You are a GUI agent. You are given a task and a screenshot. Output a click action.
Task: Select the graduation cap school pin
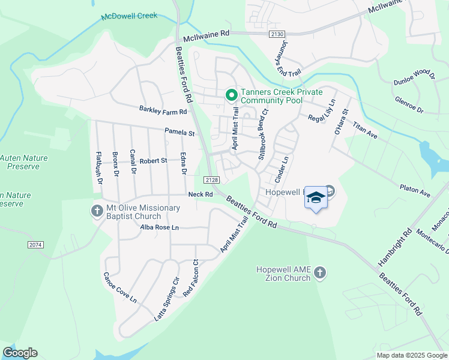(316, 198)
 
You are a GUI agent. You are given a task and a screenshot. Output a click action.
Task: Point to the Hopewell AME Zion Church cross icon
(320, 273)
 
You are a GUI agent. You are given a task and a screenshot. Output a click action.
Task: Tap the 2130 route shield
(276, 34)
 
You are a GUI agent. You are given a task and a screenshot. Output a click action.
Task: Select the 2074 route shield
(35, 245)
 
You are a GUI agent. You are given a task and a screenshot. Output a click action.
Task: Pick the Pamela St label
(180, 131)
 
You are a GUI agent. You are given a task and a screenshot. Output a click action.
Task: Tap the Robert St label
(153, 161)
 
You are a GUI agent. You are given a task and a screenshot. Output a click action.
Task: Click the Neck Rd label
(200, 194)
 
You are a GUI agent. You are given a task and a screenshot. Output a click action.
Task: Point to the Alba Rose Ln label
(159, 228)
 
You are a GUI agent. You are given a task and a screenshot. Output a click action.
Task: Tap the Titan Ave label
(365, 131)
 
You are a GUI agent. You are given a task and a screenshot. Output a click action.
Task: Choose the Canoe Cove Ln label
(120, 287)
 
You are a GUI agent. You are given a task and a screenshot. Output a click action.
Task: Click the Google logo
(20, 353)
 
